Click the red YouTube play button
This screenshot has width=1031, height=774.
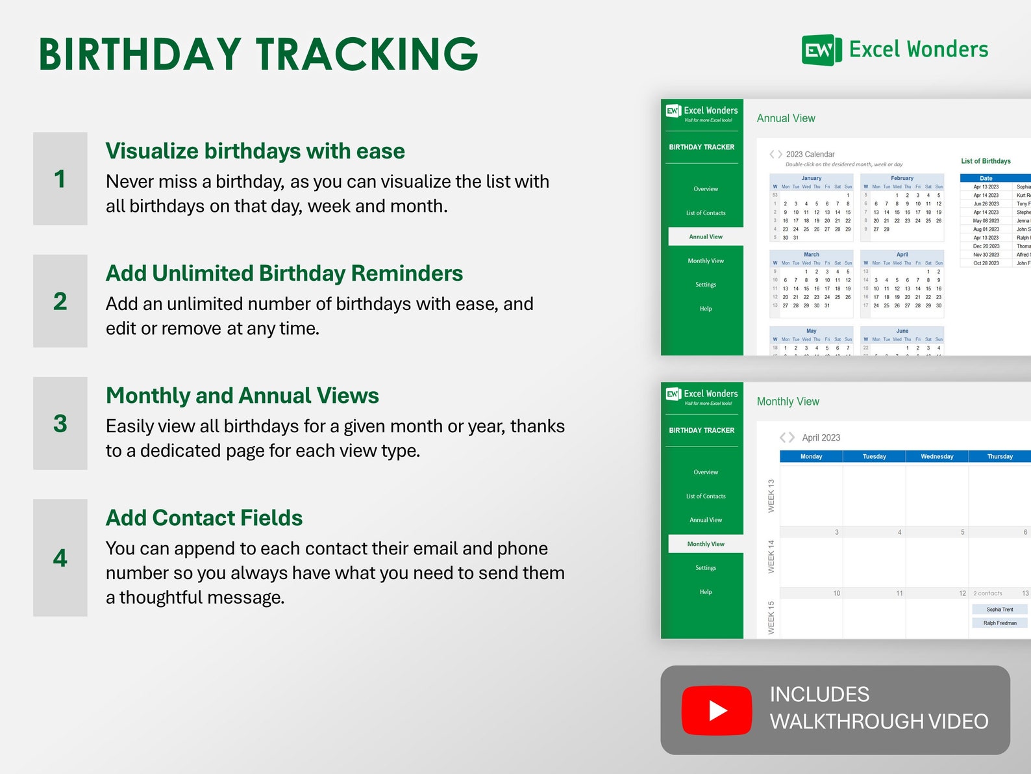(717, 710)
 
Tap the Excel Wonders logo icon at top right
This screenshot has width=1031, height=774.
(821, 50)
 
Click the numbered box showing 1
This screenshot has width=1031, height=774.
(60, 179)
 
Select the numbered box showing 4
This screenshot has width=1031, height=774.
(60, 558)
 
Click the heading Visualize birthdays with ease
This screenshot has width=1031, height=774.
(255, 151)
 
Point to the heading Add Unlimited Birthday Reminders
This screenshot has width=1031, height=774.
(284, 273)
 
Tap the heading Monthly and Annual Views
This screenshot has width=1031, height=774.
(242, 395)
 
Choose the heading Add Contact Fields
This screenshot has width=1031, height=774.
(204, 517)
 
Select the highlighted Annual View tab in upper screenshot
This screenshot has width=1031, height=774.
(706, 237)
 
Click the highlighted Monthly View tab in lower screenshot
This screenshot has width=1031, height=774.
(706, 544)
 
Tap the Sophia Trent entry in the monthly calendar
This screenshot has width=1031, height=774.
(999, 610)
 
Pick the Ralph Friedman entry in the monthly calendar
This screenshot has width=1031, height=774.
(999, 623)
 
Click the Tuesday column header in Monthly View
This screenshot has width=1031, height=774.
(874, 456)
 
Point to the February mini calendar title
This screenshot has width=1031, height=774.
(902, 178)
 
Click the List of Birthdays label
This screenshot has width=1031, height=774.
(986, 161)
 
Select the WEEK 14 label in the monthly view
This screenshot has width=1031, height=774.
(771, 556)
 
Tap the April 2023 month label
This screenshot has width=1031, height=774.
(821, 438)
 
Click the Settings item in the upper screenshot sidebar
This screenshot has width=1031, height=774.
(706, 285)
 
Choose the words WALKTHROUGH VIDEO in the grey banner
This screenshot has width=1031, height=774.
(879, 721)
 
